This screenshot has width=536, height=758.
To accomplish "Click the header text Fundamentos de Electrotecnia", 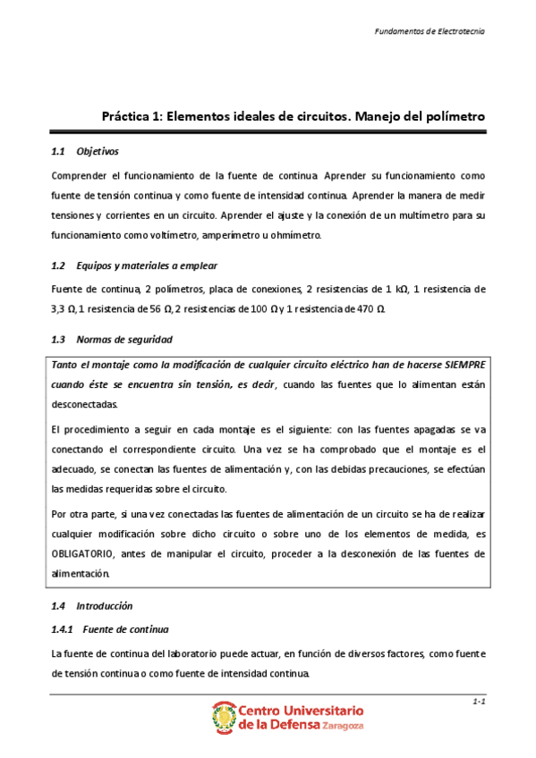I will coord(430,30).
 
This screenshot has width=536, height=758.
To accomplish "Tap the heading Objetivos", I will coord(98,152).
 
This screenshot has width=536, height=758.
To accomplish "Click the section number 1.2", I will coord(60,266).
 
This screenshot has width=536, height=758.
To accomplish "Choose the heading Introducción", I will coord(105,605).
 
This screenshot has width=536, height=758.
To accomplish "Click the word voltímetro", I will coord(169,235).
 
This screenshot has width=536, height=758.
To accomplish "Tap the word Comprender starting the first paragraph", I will coord(80,176).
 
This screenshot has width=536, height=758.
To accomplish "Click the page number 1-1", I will coord(478,703).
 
